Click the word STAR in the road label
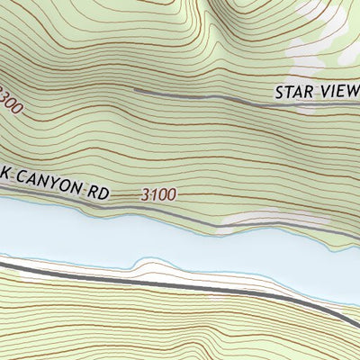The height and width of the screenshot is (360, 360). click(293, 92)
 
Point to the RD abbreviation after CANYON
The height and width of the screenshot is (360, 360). click(99, 189)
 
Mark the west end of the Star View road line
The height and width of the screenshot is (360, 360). click(136, 90)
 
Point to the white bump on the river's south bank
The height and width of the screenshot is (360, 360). click(148, 265)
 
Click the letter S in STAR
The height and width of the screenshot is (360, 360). click(280, 92)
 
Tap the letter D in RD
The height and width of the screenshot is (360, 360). click(104, 190)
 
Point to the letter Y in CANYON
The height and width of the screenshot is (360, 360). click(58, 183)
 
